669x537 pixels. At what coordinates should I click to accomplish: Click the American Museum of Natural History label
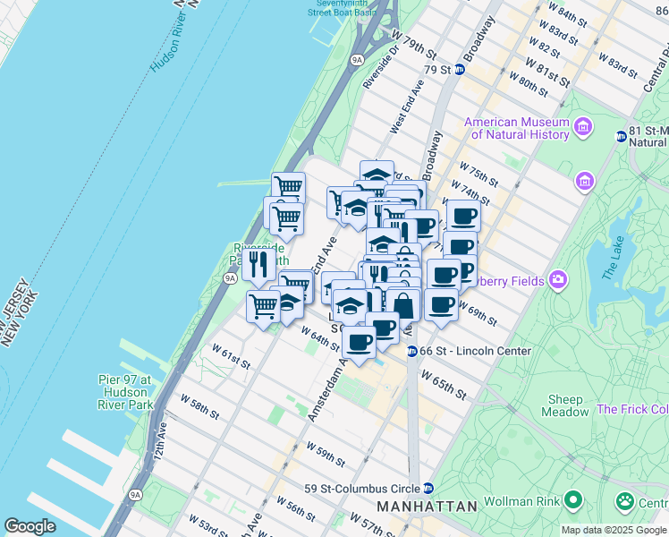coord(516,128)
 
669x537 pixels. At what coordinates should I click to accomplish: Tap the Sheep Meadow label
coord(564,406)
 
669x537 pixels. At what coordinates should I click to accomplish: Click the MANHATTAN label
coord(427,507)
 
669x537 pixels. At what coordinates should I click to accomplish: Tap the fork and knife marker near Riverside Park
coord(258,263)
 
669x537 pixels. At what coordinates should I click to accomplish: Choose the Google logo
coord(30,526)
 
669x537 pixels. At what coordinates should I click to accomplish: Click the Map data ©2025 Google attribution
coord(614,530)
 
